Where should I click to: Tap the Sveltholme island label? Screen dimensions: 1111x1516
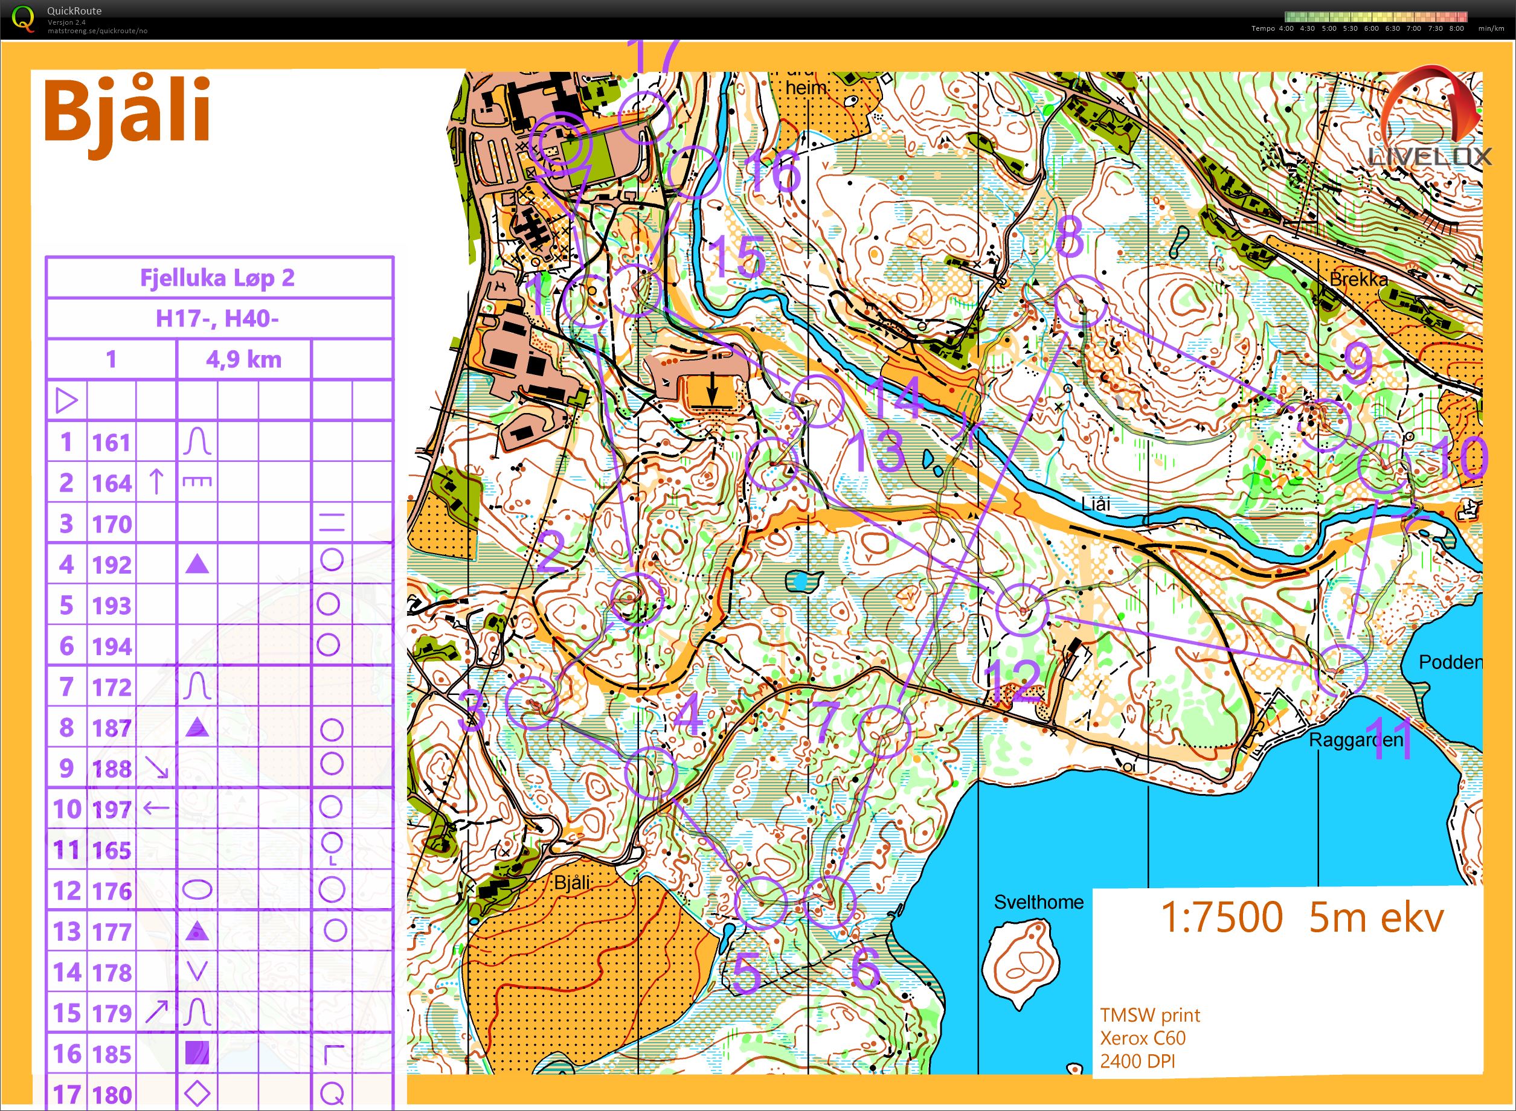[x=1038, y=902]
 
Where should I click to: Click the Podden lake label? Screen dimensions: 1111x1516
[x=1450, y=662]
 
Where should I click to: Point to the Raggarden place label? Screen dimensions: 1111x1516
[x=1355, y=740]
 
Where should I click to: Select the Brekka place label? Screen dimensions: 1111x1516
[x=1358, y=278]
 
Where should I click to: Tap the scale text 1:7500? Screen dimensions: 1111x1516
[x=1221, y=917]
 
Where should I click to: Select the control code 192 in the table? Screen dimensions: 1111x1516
[x=112, y=565]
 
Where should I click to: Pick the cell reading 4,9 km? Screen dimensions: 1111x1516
[x=243, y=360]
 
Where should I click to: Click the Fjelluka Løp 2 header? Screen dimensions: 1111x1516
[x=217, y=278]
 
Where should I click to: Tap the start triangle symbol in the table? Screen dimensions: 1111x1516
[x=66, y=402]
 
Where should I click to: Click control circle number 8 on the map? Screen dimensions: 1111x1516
[x=1080, y=301]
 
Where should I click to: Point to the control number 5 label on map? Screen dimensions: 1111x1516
[x=747, y=973]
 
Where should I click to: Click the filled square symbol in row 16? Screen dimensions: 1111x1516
[x=197, y=1053]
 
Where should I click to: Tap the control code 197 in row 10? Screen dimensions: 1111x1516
[x=112, y=809]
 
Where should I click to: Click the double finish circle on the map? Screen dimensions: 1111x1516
[x=558, y=142]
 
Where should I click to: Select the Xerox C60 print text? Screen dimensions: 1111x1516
[x=1142, y=1038]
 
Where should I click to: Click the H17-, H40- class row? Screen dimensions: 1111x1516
[x=217, y=318]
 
